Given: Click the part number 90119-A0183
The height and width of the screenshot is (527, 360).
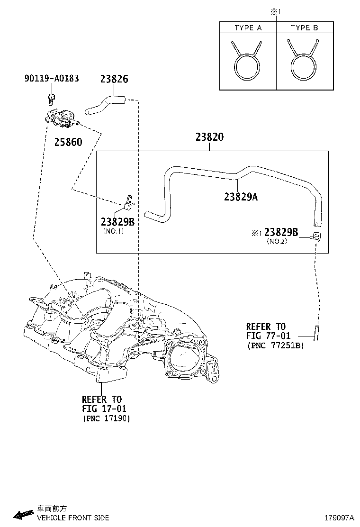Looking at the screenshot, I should (51, 79).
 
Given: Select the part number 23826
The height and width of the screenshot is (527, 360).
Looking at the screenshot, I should (114, 79).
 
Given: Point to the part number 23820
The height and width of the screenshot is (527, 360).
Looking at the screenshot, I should (209, 137).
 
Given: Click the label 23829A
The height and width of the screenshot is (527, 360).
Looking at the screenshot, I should (241, 197).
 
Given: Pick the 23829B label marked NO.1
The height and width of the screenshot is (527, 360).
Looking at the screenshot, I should (117, 222).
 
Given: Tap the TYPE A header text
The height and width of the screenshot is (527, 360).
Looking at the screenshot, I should (248, 28).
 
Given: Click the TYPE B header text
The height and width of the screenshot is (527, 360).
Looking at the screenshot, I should (304, 28).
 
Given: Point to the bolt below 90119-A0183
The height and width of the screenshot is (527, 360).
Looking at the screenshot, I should (51, 98).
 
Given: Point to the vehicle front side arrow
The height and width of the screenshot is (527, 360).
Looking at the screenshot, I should (22, 514).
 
